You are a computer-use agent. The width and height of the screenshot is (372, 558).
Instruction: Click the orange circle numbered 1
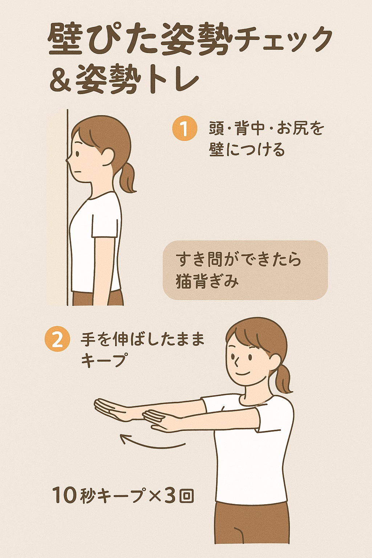pyautogui.click(x=185, y=129)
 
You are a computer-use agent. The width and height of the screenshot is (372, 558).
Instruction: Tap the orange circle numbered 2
pyautogui.click(x=57, y=340)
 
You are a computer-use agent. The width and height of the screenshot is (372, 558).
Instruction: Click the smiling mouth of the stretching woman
pyautogui.click(x=242, y=374)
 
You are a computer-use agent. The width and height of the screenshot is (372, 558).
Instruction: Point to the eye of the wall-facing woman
pyautogui.click(x=78, y=153)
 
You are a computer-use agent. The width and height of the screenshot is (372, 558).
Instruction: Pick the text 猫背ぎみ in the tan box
pyautogui.click(x=207, y=282)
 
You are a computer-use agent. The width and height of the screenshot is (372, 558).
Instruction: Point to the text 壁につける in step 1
pyautogui.click(x=247, y=150)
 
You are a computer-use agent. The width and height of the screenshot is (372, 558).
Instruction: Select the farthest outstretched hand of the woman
pyautogui.click(x=110, y=409)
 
